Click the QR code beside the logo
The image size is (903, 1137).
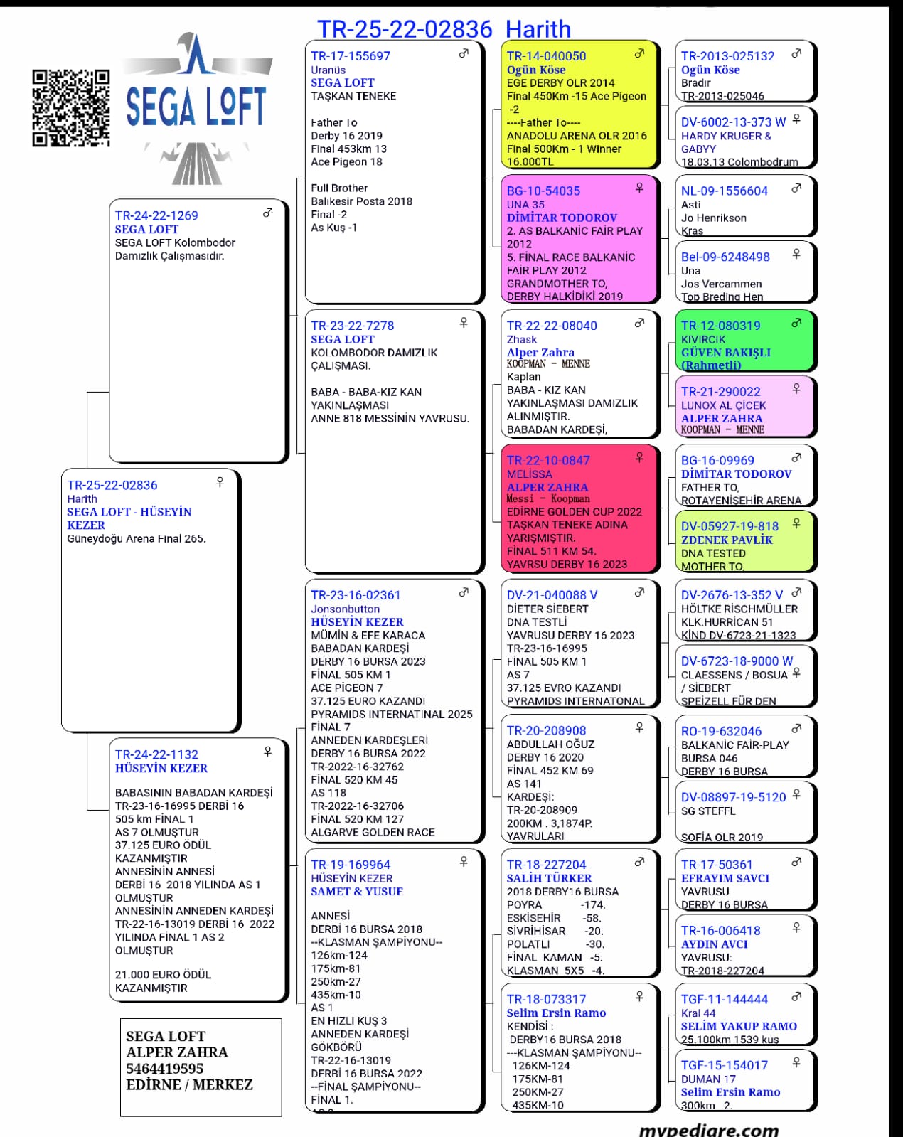71,108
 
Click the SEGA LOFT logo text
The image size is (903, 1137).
196,107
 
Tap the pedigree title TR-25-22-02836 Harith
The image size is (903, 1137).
443,29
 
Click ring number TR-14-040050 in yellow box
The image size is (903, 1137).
546,56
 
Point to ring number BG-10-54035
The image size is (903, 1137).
543,191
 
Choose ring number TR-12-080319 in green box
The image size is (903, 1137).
720,326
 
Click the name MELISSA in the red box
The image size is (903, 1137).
529,474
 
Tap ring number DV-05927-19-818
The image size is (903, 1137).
730,527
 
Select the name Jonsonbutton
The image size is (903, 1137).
345,609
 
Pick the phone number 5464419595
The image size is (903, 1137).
164,1069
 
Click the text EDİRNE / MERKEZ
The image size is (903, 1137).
189,1085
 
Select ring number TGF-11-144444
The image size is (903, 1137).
724,1000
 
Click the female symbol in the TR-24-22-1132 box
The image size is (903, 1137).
268,752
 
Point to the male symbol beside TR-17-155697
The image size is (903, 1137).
464,53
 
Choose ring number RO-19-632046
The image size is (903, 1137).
721,732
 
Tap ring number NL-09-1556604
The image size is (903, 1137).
724,191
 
